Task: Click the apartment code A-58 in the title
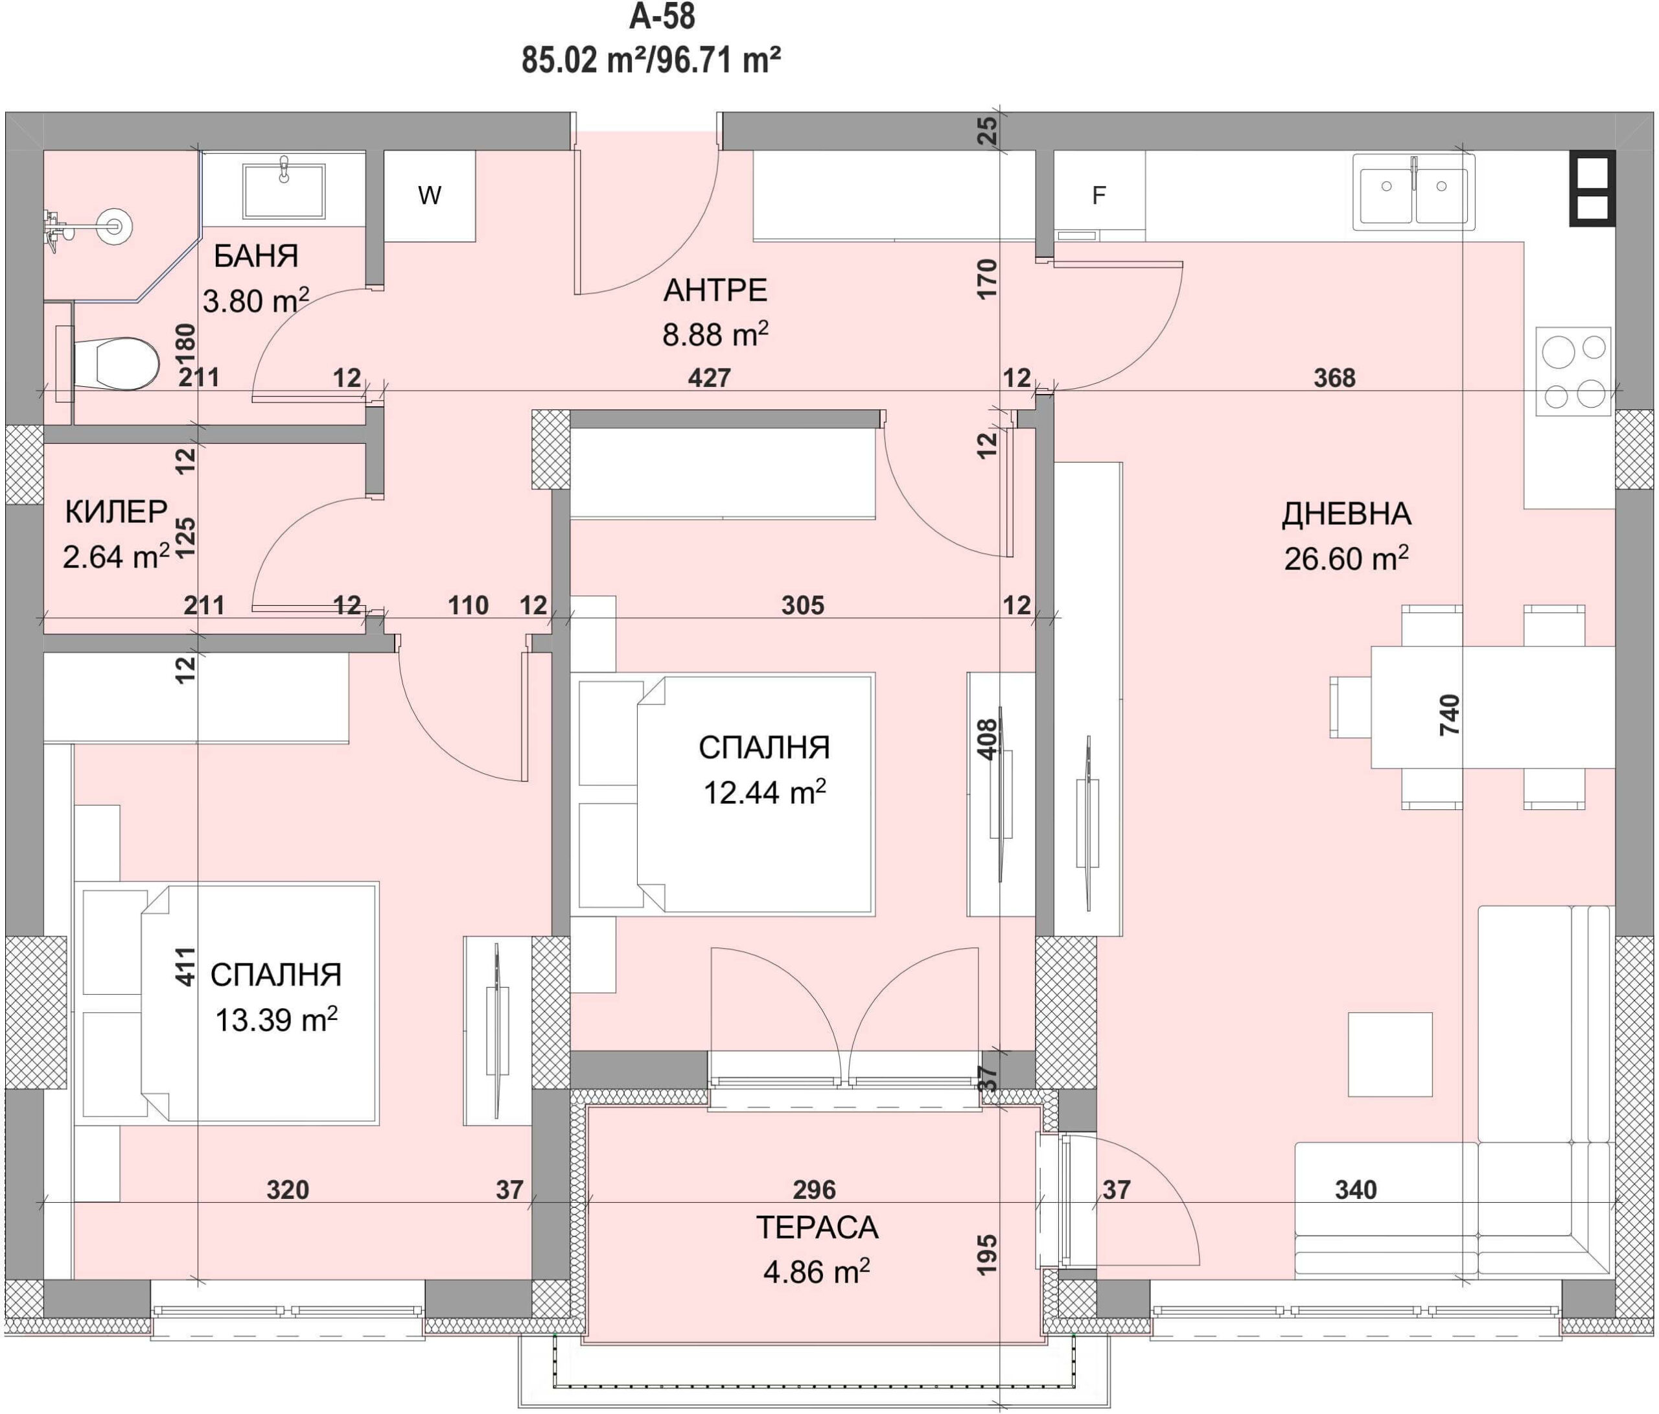point(662,16)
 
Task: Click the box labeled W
point(429,195)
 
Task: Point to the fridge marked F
point(1098,195)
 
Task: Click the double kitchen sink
point(1413,192)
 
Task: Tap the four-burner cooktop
point(1573,371)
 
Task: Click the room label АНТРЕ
point(715,290)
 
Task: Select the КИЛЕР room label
point(116,511)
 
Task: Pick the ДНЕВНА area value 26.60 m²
point(1346,558)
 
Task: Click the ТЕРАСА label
point(817,1227)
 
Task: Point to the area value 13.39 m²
point(276,1020)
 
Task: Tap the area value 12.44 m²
point(765,792)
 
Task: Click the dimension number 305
point(802,605)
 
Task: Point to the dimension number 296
point(815,1190)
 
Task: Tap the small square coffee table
point(1390,1054)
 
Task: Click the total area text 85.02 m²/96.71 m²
point(651,60)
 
